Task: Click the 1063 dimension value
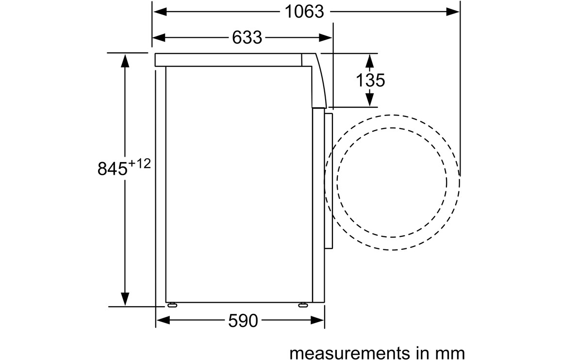[304, 12]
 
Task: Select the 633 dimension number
[247, 37]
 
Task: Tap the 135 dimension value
[370, 80]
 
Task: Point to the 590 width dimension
[243, 321]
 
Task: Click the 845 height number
[112, 168]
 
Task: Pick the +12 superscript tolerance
[140, 164]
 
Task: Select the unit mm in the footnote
[453, 353]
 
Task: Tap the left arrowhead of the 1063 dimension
[160, 12]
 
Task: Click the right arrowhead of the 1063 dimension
[453, 12]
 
